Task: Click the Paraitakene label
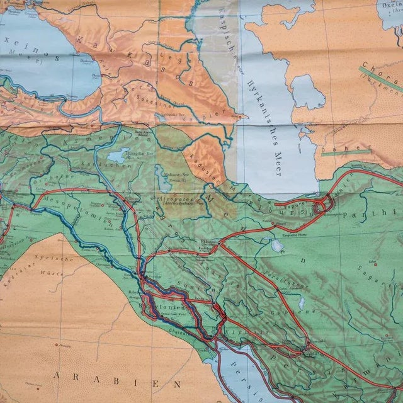click(x=282, y=274)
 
